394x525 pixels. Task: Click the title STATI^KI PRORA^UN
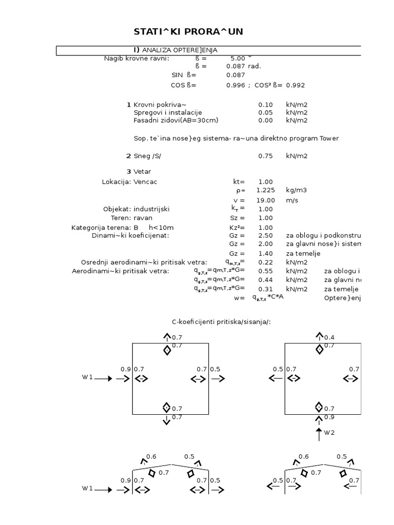pyautogui.click(x=188, y=32)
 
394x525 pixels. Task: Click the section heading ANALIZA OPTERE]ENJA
pyautogui.click(x=180, y=50)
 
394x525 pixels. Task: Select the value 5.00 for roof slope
pyautogui.click(x=238, y=58)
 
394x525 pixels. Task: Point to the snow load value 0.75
pyautogui.click(x=265, y=156)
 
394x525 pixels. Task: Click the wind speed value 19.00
pyautogui.click(x=266, y=200)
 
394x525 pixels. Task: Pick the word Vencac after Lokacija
pyautogui.click(x=146, y=182)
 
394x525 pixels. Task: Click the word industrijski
pyautogui.click(x=151, y=209)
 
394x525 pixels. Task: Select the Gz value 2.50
pyautogui.click(x=266, y=235)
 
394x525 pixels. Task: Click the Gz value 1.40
pyautogui.click(x=266, y=253)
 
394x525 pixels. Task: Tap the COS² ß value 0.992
pyautogui.click(x=295, y=85)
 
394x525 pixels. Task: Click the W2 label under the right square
pyautogui.click(x=329, y=432)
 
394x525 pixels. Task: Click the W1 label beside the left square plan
pyautogui.click(x=87, y=377)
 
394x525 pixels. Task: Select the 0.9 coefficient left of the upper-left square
pyautogui.click(x=125, y=369)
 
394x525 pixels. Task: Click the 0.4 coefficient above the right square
pyautogui.click(x=329, y=337)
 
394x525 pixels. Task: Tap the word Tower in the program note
pyautogui.click(x=329, y=138)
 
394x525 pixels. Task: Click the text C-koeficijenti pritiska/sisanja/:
pyautogui.click(x=221, y=321)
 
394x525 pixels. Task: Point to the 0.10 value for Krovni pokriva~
pyautogui.click(x=265, y=105)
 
